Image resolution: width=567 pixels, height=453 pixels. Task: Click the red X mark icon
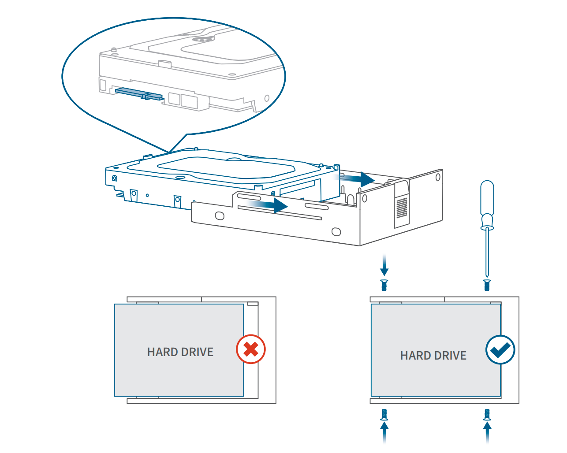(x=251, y=349)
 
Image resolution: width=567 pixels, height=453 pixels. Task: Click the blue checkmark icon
(x=500, y=350)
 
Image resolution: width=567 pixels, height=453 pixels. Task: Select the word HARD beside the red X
(x=162, y=352)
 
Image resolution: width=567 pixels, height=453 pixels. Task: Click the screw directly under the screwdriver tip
(x=487, y=285)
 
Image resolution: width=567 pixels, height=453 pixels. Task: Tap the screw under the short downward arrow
(x=384, y=285)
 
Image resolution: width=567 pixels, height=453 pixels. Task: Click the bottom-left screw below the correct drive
(x=384, y=414)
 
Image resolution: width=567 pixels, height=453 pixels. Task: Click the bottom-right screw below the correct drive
(x=487, y=414)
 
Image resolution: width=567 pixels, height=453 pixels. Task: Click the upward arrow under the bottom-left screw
(x=384, y=432)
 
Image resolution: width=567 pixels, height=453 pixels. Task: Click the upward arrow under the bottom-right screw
(x=487, y=432)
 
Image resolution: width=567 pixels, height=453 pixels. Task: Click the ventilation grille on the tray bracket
(x=402, y=208)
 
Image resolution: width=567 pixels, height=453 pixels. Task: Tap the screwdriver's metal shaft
(x=487, y=253)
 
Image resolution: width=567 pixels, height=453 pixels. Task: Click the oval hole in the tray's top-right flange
(x=438, y=177)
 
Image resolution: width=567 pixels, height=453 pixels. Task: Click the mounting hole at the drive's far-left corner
(x=115, y=178)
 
